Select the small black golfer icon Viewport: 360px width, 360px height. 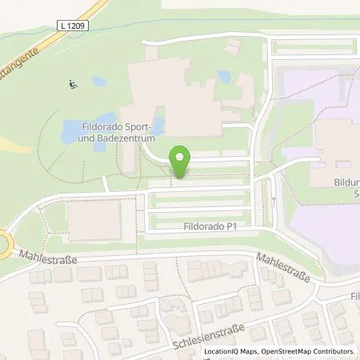(x=73, y=83)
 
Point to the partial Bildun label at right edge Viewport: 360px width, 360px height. (x=345, y=182)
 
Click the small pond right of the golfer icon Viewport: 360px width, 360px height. (x=98, y=82)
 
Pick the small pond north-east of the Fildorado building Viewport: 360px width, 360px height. (x=225, y=77)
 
